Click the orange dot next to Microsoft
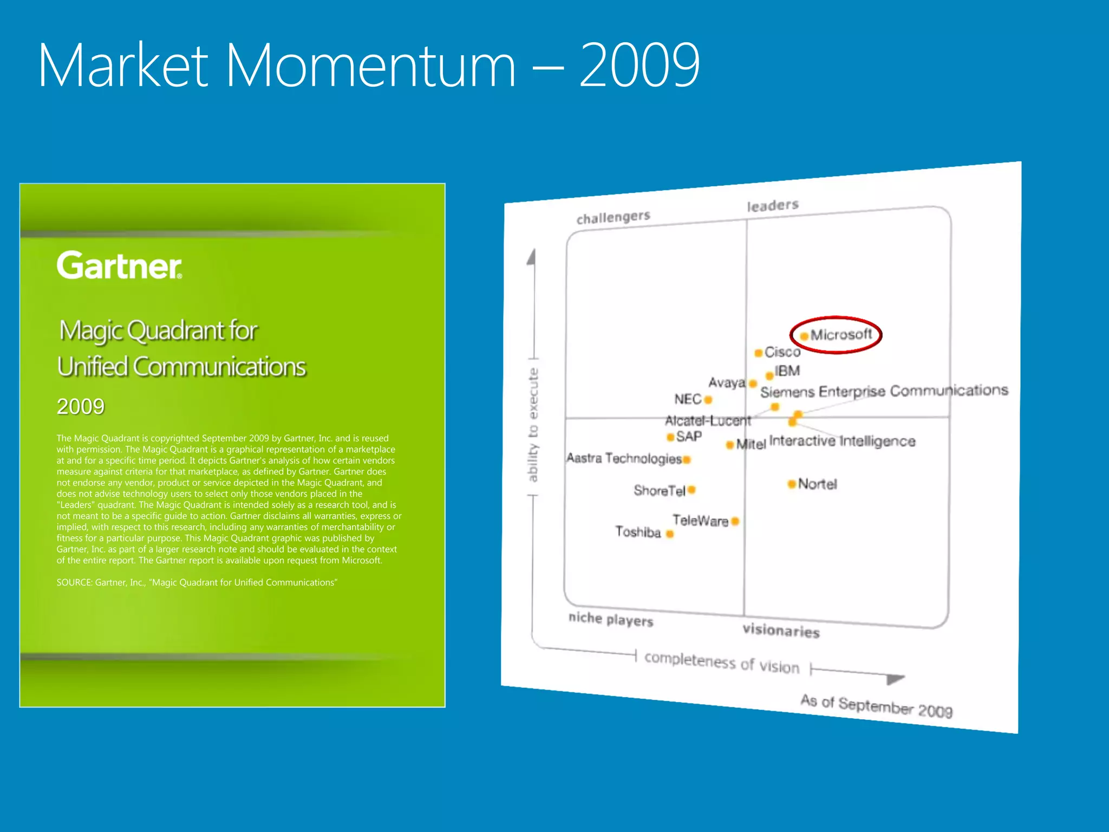coord(804,336)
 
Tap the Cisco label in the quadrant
coord(782,352)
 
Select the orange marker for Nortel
coord(792,484)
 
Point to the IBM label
coord(787,371)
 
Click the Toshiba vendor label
coord(638,532)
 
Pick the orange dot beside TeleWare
coord(735,521)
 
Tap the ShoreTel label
coord(660,491)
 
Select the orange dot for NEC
coord(708,400)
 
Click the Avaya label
coord(727,383)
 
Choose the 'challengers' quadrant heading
coord(613,217)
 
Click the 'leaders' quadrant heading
coord(773,206)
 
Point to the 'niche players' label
coord(611,619)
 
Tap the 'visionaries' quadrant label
coord(781,630)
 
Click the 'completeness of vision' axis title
coord(722,662)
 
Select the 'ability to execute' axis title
coord(533,425)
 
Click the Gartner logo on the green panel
coord(119,265)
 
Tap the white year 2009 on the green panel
coord(81,406)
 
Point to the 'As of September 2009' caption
coord(876,706)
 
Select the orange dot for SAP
coord(670,437)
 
